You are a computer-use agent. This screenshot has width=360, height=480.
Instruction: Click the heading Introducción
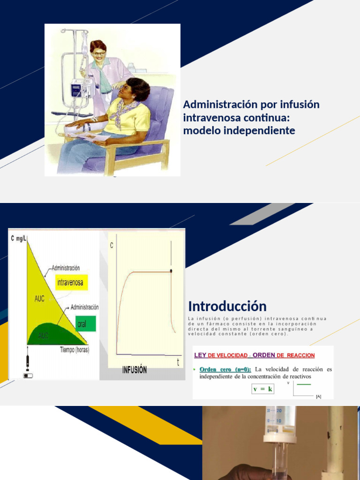pos(227,307)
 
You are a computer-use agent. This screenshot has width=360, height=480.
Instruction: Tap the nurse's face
pos(99,51)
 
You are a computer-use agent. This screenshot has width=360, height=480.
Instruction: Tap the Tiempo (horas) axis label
pos(75,350)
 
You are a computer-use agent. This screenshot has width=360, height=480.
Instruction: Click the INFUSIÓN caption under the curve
pos(135,370)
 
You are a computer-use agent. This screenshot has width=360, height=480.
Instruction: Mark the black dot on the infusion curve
pos(171,271)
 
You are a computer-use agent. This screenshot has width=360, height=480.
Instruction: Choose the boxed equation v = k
pos(262,389)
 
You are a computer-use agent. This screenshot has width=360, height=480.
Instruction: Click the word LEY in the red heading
pos(201,355)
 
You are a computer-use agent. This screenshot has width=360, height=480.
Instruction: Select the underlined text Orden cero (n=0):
pos(225,369)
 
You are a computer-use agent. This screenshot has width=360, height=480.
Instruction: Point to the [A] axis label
pos(319,397)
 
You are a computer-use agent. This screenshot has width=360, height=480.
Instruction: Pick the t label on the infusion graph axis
pos(178,362)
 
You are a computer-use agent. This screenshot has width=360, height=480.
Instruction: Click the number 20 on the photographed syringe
pos(279,411)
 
